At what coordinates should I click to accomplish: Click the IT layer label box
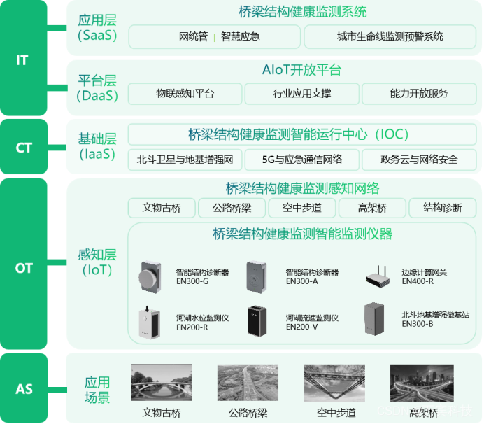[x=23, y=59]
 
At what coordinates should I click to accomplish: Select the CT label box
[x=24, y=147]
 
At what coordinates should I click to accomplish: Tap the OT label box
[x=24, y=267]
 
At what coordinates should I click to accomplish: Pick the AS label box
[x=24, y=387]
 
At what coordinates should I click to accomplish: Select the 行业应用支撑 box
[x=301, y=94]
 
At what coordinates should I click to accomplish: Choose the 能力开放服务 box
[x=418, y=94]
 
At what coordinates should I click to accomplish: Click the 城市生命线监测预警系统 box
[x=390, y=37]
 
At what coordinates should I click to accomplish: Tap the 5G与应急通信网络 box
[x=302, y=160]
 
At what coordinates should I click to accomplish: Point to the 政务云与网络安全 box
[x=419, y=160]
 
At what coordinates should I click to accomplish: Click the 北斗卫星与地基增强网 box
[x=185, y=160]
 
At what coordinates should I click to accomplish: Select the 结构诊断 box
[x=442, y=208]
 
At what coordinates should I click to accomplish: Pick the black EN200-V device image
[x=257, y=321]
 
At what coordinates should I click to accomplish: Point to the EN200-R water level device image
[x=149, y=322]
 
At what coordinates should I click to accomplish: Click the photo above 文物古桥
[x=162, y=383]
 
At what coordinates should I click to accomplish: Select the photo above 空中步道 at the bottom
[x=334, y=383]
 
